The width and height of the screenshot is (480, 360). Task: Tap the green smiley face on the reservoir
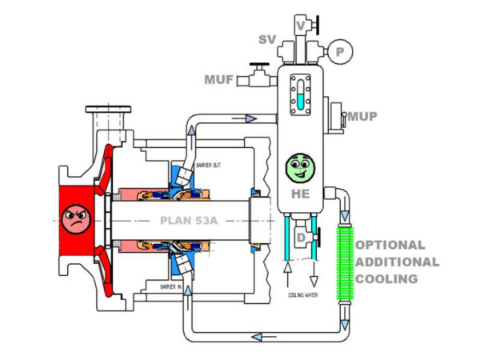pyautogui.click(x=301, y=168)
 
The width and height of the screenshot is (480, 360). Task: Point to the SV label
pyautogui.click(x=267, y=39)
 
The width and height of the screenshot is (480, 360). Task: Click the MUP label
pyautogui.click(x=363, y=117)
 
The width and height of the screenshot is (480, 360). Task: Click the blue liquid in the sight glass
pyautogui.click(x=301, y=101)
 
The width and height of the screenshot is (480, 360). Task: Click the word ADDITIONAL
pyautogui.click(x=397, y=262)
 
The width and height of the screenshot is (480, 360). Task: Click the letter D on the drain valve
pyautogui.click(x=299, y=238)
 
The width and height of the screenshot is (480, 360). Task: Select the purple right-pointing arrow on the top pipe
pyautogui.click(x=250, y=118)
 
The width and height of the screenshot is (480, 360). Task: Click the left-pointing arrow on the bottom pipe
pyautogui.click(x=258, y=337)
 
